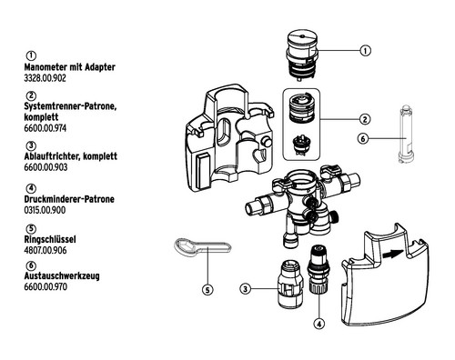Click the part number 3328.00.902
tap(45, 78)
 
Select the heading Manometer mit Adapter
tap(70, 67)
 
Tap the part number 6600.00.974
tap(45, 128)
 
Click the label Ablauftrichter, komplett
tap(71, 156)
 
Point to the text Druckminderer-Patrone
tap(69, 199)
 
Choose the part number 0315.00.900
tap(45, 210)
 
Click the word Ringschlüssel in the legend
tap(50, 239)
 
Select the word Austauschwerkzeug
tap(62, 276)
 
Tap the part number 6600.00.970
tap(45, 286)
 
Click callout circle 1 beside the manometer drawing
tap(365, 51)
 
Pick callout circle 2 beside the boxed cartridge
tap(365, 119)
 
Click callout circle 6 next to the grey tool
tap(363, 139)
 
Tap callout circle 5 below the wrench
tap(207, 290)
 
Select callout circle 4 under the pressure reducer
tap(318, 324)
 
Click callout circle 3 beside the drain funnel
tap(245, 289)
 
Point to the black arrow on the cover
tap(393, 254)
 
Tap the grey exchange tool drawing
tap(406, 135)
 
